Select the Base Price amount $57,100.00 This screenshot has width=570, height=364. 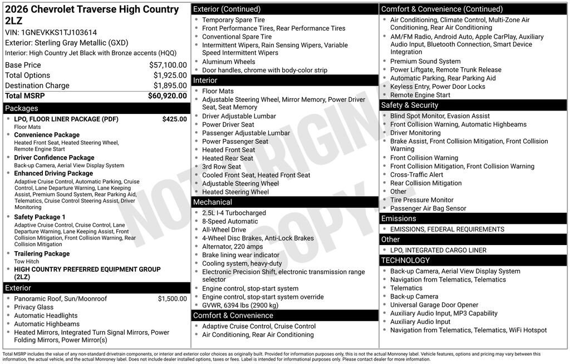(x=168, y=65)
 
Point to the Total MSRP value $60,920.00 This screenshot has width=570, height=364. (x=167, y=96)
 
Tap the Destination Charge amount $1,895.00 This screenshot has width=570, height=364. (x=170, y=86)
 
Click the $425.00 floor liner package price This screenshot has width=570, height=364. (x=174, y=119)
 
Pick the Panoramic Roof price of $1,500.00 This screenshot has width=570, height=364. (x=172, y=298)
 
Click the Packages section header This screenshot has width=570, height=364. (x=22, y=108)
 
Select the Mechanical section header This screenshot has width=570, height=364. (x=213, y=202)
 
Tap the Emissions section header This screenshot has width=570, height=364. (x=399, y=218)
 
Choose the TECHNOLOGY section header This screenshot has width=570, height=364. (x=405, y=260)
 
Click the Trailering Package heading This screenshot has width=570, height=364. (x=42, y=253)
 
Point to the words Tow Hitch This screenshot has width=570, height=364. (x=26, y=261)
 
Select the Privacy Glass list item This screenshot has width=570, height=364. (x=34, y=307)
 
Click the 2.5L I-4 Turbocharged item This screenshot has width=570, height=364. (x=234, y=213)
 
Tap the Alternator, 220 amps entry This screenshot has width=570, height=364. (x=232, y=247)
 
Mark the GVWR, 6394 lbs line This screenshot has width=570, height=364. (x=240, y=305)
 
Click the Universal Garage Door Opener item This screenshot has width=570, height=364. (x=434, y=305)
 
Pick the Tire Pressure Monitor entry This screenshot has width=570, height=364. (x=421, y=200)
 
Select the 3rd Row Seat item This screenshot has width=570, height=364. (x=222, y=167)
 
